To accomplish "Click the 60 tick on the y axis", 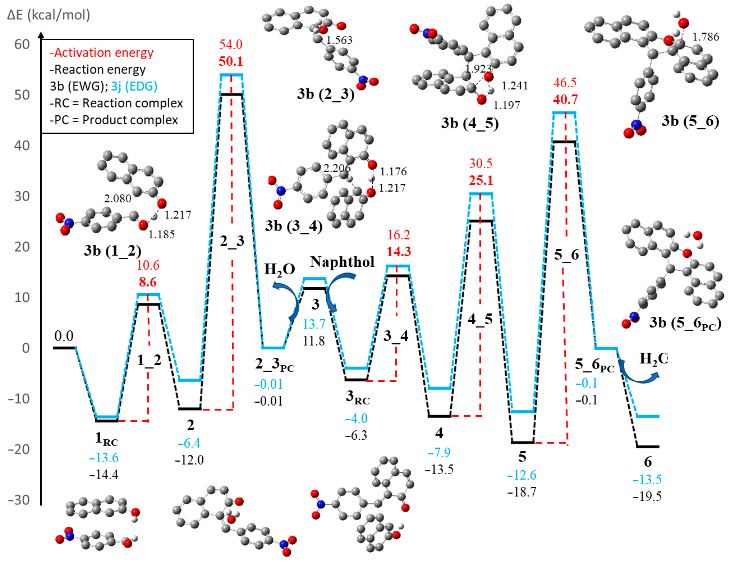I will (x=22, y=44).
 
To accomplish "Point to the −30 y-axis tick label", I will (x=19, y=500).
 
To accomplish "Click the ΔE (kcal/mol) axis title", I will (x=49, y=15).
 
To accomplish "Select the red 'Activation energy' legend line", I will (x=102, y=53).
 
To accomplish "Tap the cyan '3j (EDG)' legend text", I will (x=134, y=86).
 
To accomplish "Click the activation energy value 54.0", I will (x=231, y=44).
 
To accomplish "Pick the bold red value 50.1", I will (x=231, y=61).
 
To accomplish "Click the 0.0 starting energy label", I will (x=64, y=336).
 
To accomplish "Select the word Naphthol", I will (x=342, y=262).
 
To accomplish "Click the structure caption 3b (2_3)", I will (x=325, y=94).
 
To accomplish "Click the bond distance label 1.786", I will (x=706, y=37).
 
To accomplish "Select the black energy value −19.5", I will (x=647, y=496).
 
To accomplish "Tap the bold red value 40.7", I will (x=565, y=99).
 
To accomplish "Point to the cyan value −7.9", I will (x=439, y=453).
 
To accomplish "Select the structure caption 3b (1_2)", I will (x=113, y=251).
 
